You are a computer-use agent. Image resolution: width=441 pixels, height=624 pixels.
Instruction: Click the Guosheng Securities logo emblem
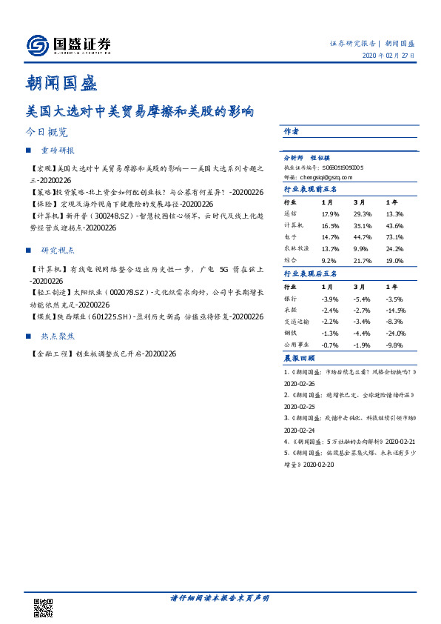(38, 45)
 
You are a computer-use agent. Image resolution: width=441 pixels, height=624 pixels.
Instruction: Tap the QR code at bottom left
(44, 607)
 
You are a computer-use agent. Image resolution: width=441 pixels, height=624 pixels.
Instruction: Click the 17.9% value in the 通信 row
(330, 213)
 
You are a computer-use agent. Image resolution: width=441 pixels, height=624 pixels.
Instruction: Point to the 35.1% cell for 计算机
(362, 225)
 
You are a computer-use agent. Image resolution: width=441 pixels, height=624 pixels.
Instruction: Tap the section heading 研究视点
(58, 250)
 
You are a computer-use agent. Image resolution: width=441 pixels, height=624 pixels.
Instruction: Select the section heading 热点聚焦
(58, 336)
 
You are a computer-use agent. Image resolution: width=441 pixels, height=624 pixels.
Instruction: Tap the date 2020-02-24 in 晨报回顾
(300, 430)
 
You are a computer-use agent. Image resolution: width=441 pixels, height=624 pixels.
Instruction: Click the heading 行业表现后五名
(311, 273)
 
